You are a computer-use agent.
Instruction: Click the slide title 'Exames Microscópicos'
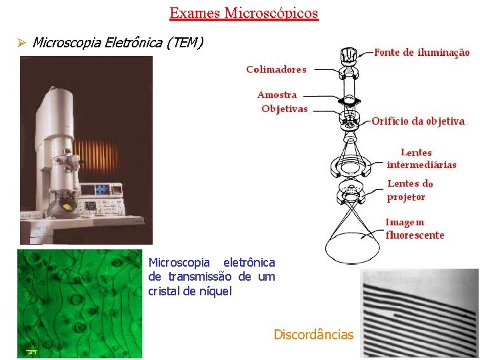click(x=244, y=13)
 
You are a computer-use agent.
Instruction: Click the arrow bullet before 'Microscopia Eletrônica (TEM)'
click(x=21, y=43)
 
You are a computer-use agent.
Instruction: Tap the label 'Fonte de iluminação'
click(x=421, y=52)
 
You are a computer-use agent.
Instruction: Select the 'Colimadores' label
click(x=276, y=69)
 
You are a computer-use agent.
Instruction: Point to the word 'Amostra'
click(x=277, y=95)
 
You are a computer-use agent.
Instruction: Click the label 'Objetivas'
click(x=285, y=109)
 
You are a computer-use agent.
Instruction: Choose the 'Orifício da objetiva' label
click(x=418, y=121)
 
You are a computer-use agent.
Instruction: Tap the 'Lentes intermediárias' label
click(x=421, y=159)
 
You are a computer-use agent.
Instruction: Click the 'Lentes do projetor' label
click(x=410, y=190)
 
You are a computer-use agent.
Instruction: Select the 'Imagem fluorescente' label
click(x=414, y=228)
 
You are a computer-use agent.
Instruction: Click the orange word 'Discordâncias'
click(x=313, y=335)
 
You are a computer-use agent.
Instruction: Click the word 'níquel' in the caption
click(x=214, y=291)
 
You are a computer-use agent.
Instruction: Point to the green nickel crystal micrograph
click(x=79, y=303)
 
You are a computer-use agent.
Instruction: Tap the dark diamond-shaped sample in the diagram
click(x=349, y=101)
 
